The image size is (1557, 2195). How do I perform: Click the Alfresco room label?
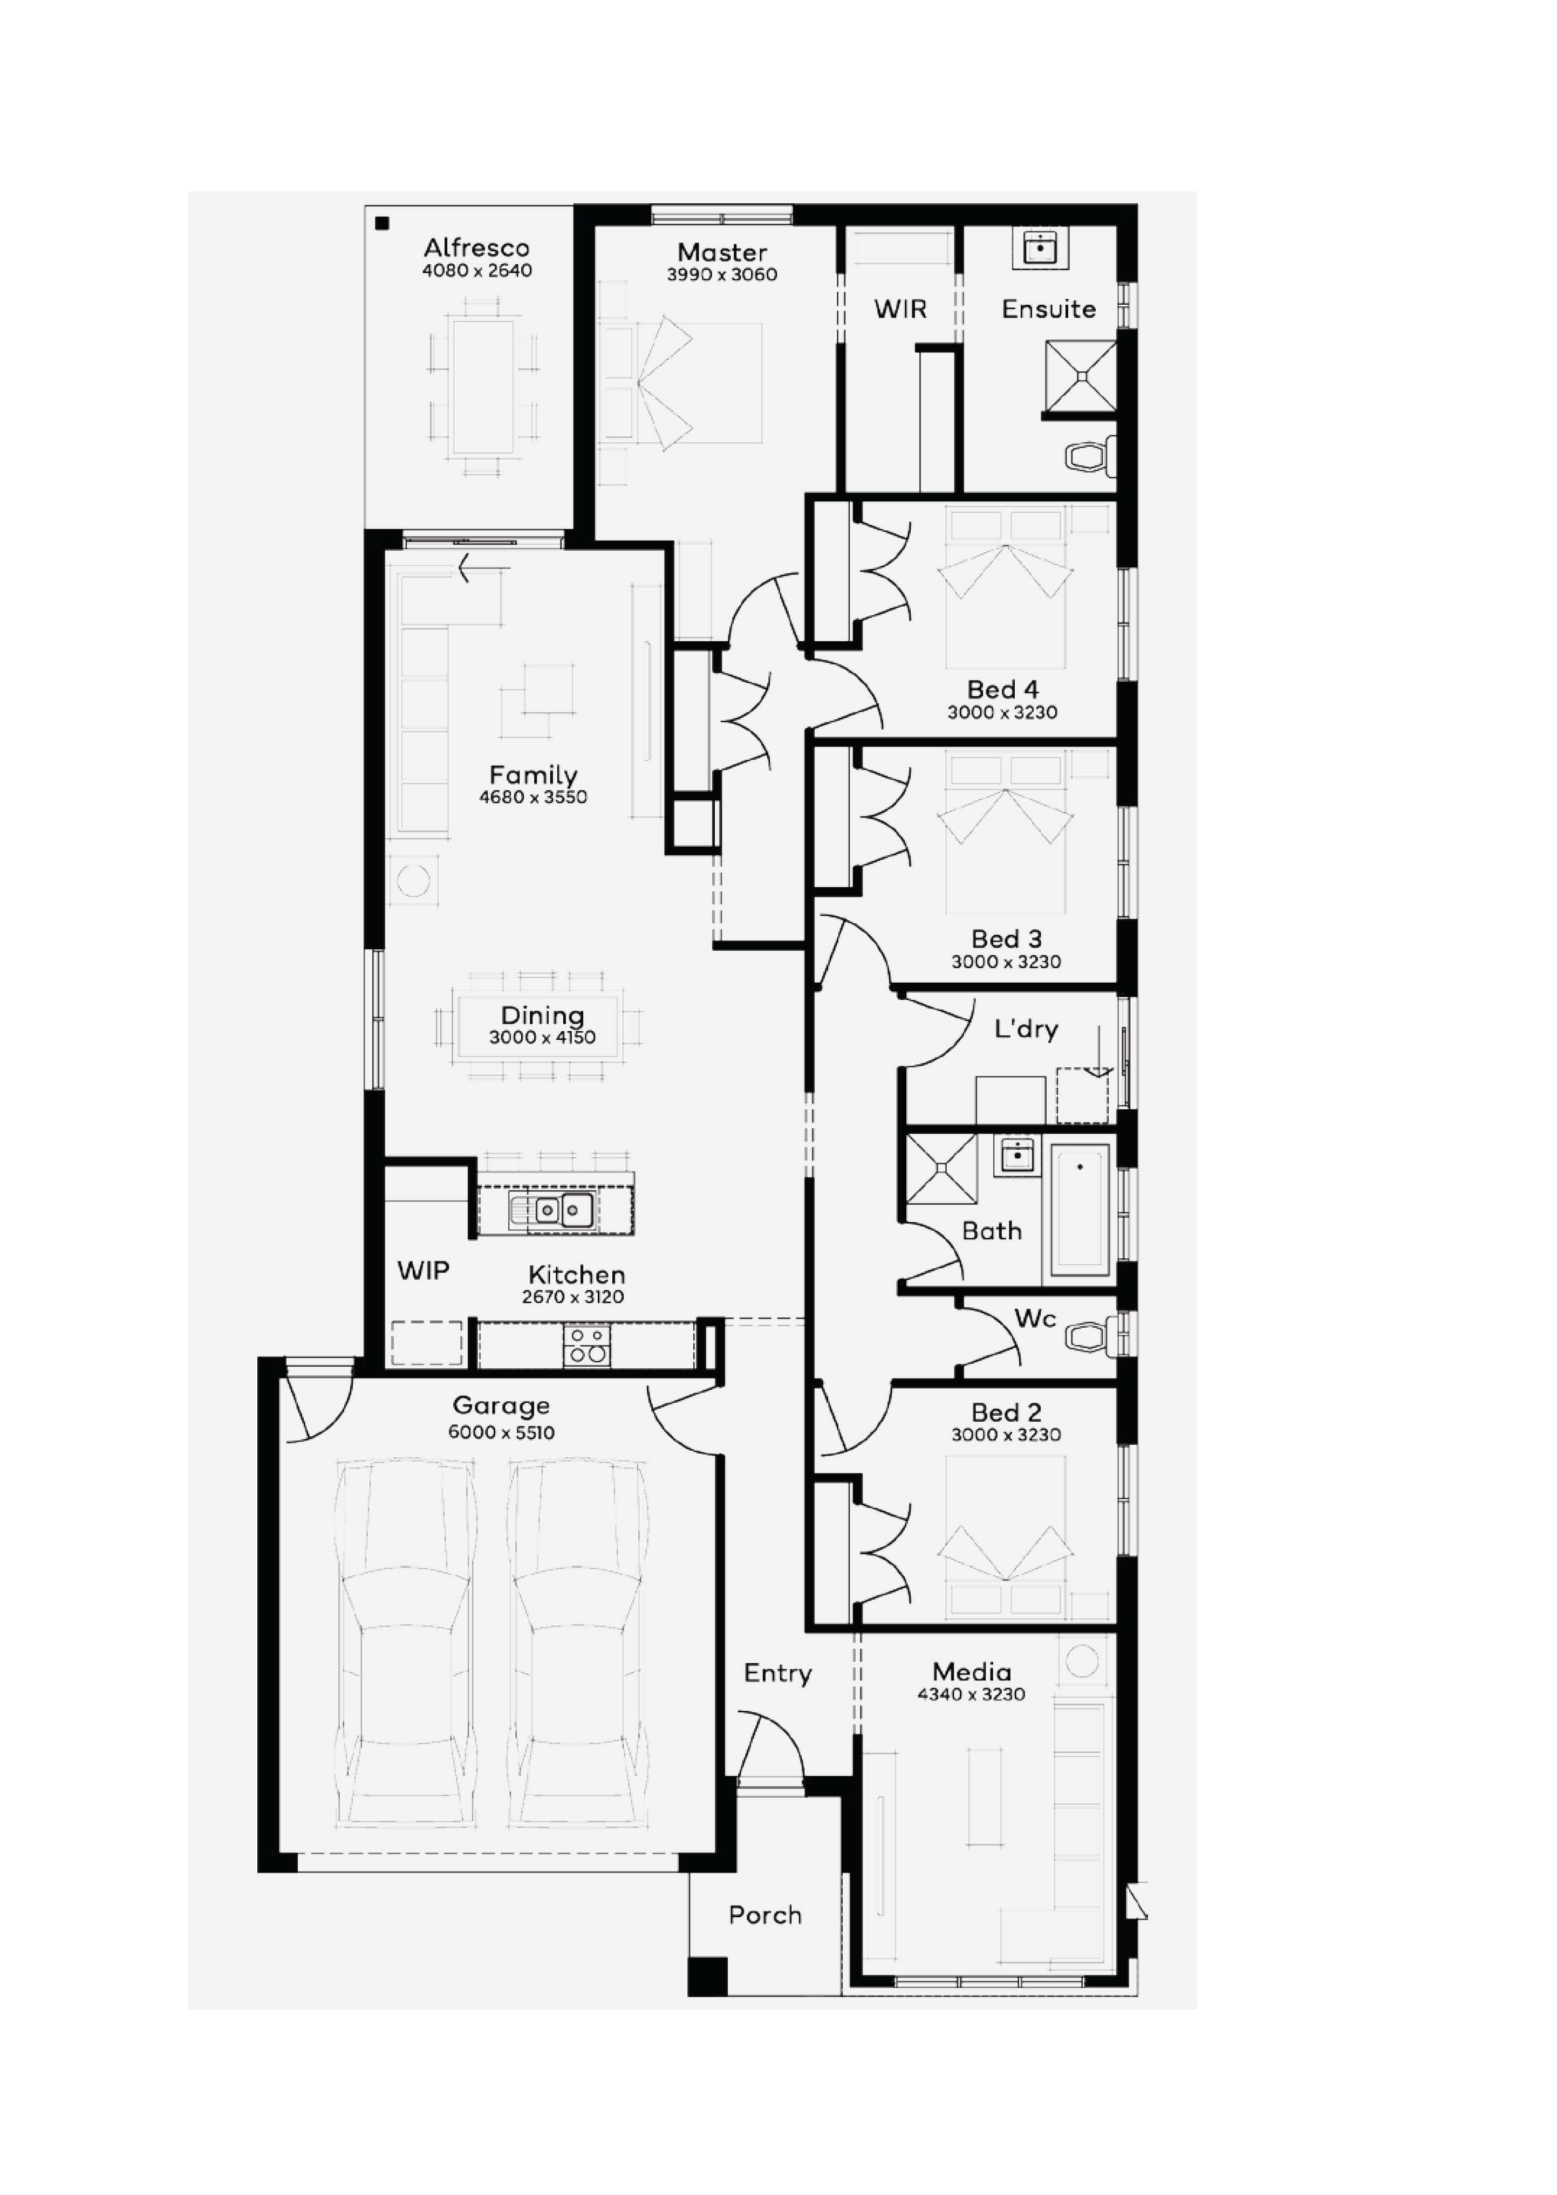click(x=476, y=248)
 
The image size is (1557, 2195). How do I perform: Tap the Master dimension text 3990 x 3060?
click(x=722, y=275)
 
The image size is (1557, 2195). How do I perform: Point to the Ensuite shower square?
click(x=1081, y=376)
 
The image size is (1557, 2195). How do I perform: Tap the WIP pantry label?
click(x=423, y=1271)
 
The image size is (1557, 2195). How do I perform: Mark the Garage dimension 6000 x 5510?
click(x=501, y=1433)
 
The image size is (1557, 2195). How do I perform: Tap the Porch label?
click(x=765, y=1915)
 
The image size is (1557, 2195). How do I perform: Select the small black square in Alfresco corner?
click(x=383, y=223)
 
